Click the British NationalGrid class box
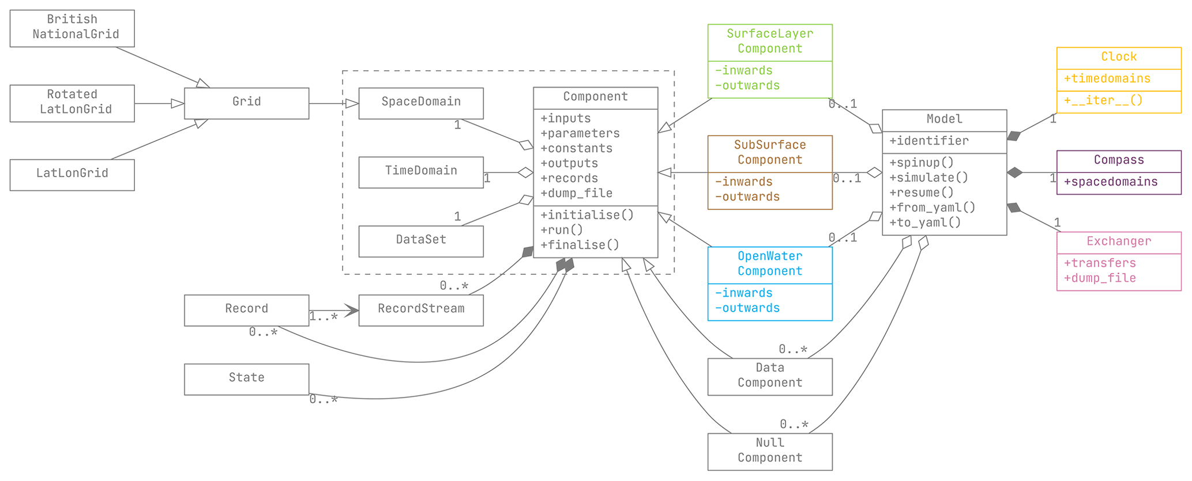point(72,28)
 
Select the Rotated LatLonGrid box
point(72,103)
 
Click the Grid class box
point(246,103)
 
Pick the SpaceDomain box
point(421,103)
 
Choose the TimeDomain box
point(421,172)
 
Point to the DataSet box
point(421,241)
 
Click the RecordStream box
point(421,310)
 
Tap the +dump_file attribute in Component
point(576,194)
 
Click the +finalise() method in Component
point(580,245)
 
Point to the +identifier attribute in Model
point(928,141)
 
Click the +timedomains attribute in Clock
point(1107,79)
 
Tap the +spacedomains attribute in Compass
point(1110,182)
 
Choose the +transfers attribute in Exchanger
point(1099,263)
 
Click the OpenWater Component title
point(770,264)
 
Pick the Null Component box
point(770,451)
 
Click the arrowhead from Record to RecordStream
point(352,310)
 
